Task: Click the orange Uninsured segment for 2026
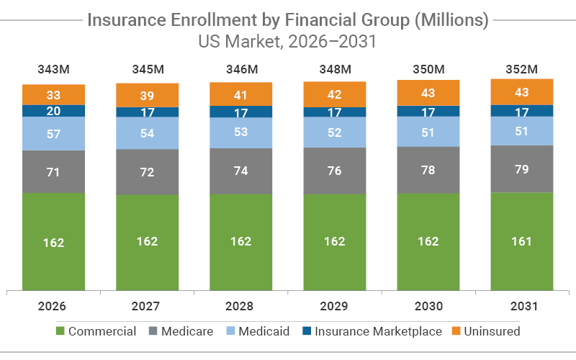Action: (x=54, y=94)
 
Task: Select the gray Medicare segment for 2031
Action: (x=522, y=168)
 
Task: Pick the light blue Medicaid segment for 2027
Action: (x=148, y=133)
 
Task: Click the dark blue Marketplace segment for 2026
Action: (x=54, y=111)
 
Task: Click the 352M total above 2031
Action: (x=522, y=69)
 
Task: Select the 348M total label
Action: (x=335, y=69)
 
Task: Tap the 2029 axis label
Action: (x=335, y=306)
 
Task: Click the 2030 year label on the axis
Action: (x=428, y=306)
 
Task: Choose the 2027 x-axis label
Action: (x=148, y=306)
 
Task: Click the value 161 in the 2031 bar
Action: (x=522, y=241)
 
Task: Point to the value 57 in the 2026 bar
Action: (x=54, y=134)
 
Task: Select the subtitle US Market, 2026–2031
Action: (x=288, y=42)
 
